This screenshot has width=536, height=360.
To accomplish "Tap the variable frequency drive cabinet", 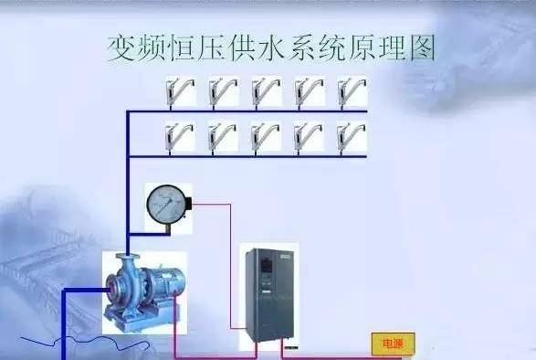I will click(x=268, y=296).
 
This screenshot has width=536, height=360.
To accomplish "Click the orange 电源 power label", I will click(x=393, y=344).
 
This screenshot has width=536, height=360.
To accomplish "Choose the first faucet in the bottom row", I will click(x=178, y=137).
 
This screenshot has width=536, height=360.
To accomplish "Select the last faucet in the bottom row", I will click(x=352, y=137).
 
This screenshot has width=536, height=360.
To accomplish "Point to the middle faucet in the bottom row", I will click(x=266, y=137).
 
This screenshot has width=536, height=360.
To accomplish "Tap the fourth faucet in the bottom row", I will click(x=310, y=137).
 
